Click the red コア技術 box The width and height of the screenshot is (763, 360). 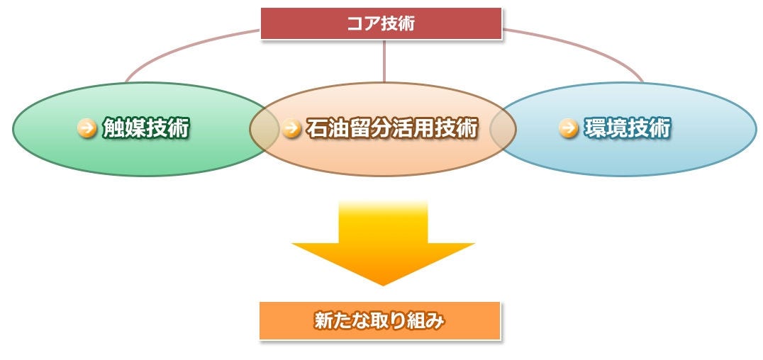pyautogui.click(x=381, y=23)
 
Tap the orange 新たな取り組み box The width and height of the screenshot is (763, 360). pyautogui.click(x=379, y=321)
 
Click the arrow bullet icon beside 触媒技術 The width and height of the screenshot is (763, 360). pyautogui.click(x=87, y=128)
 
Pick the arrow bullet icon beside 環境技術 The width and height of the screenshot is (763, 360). pyautogui.click(x=567, y=128)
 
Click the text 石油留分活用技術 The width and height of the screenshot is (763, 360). pyautogui.click(x=391, y=128)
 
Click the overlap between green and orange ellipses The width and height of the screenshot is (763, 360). pyautogui.click(x=264, y=129)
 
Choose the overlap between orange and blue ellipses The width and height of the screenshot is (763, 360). pyautogui.click(x=503, y=129)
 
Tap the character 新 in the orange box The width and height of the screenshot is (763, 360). pyautogui.click(x=323, y=321)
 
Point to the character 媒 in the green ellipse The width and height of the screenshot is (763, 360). pyautogui.click(x=134, y=128)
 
